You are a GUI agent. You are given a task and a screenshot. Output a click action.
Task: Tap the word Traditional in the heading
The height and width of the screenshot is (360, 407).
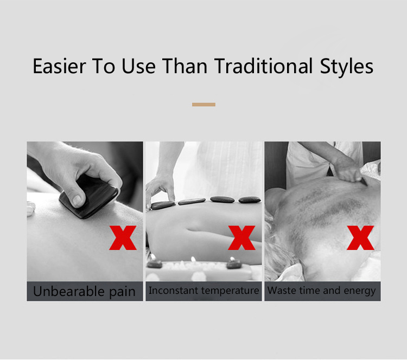tap(263, 67)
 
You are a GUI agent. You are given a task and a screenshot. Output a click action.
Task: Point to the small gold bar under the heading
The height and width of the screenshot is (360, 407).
tap(203, 104)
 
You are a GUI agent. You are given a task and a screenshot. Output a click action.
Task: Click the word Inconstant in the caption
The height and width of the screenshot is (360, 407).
tap(174, 291)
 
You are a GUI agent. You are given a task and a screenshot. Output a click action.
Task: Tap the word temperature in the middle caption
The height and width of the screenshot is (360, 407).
tap(230, 291)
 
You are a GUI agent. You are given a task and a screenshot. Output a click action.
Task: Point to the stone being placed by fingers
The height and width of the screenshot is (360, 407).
tap(163, 204)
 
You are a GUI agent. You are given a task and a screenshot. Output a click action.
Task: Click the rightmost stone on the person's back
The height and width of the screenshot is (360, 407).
tap(250, 200)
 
